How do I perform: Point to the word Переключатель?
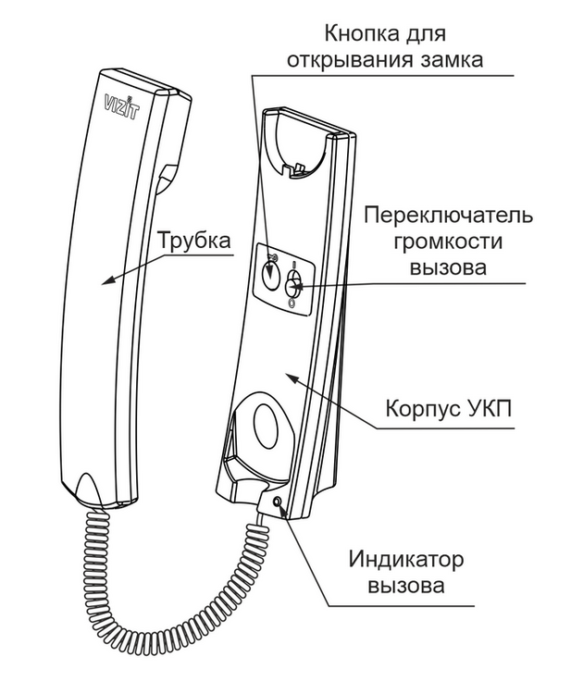448,216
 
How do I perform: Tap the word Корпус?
421,409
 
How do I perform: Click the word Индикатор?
405,561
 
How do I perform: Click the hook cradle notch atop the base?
296,169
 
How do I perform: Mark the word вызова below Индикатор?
405,586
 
